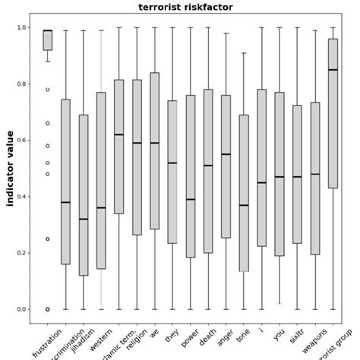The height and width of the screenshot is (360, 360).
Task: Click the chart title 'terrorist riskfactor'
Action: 185,8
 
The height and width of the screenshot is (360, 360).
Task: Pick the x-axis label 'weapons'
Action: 314,343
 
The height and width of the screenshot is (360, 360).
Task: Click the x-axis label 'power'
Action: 191,339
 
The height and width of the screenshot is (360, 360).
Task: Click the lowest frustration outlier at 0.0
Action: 47,309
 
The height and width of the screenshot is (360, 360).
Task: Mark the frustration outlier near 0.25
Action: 47,238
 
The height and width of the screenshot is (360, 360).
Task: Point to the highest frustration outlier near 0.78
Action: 47,89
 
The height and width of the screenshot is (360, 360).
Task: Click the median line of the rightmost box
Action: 332,70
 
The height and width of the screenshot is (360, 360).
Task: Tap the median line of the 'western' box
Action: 101,207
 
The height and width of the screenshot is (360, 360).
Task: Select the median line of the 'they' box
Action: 172,163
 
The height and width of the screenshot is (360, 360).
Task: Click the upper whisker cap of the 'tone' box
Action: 243,53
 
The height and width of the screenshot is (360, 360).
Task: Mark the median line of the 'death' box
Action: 207,166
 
